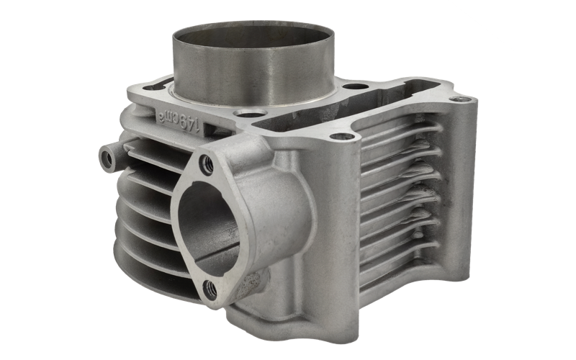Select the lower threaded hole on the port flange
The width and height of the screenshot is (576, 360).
pos(210,289)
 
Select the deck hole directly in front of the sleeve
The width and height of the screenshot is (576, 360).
pos(250,113)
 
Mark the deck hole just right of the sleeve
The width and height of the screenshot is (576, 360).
pos(351,86)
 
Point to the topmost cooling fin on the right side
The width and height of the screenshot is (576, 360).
pos(400,134)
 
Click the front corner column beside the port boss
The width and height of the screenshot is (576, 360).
pos(338,230)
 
